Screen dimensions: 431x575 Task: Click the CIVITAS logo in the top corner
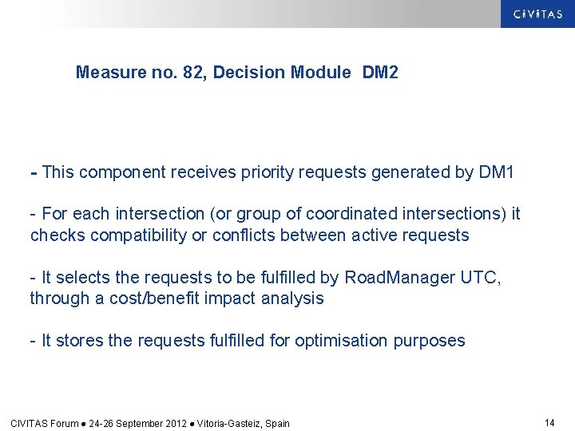pos(537,14)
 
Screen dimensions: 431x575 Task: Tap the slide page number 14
pos(549,422)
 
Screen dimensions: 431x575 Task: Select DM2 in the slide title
pos(380,73)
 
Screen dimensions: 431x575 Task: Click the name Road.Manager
pos(388,277)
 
